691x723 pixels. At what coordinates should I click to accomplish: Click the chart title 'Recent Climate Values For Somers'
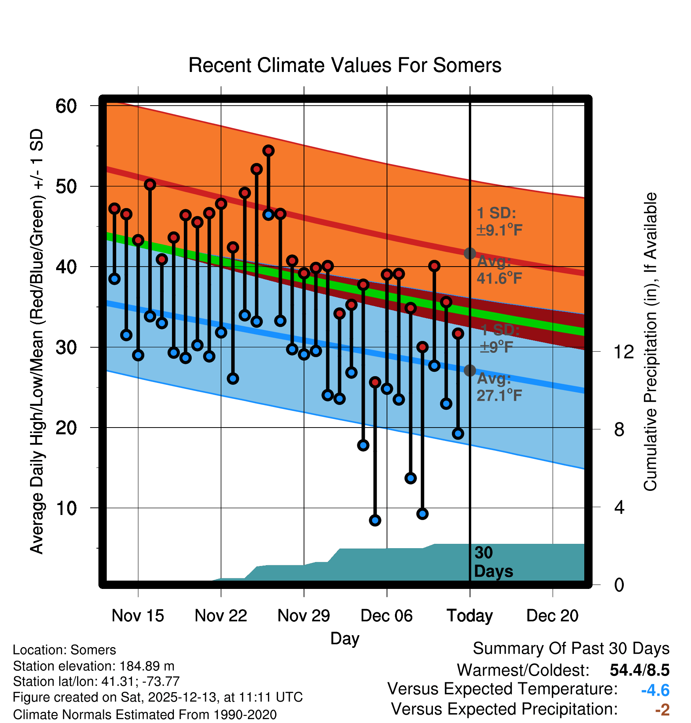pyautogui.click(x=345, y=65)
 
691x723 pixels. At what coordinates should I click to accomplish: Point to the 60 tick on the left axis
pyautogui.click(x=66, y=106)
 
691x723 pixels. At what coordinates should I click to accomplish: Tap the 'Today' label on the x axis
pyautogui.click(x=470, y=615)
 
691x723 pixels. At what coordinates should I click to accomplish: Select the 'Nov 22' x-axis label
pyautogui.click(x=221, y=615)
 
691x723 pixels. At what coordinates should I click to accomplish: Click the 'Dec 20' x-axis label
pyautogui.click(x=552, y=615)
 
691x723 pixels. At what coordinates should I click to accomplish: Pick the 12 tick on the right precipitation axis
pyautogui.click(x=624, y=352)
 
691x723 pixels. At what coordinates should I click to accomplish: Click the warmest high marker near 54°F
pyautogui.click(x=268, y=151)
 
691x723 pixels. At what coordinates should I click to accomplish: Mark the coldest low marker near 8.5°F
pyautogui.click(x=375, y=520)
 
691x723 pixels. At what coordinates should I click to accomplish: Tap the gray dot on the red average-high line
pyautogui.click(x=470, y=253)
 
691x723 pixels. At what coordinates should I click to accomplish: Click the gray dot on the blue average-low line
pyautogui.click(x=470, y=371)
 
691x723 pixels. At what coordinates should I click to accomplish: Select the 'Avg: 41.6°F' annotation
pyautogui.click(x=499, y=270)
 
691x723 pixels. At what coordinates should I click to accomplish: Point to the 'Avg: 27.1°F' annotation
pyautogui.click(x=499, y=387)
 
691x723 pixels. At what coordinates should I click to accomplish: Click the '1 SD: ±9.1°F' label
pyautogui.click(x=499, y=221)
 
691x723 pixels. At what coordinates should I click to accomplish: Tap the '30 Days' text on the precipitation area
pyautogui.click(x=493, y=562)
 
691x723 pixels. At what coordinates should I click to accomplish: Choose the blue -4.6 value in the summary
pyautogui.click(x=655, y=690)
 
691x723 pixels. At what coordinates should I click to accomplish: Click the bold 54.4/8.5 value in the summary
pyautogui.click(x=639, y=670)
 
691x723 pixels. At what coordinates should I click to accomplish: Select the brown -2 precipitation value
pyautogui.click(x=662, y=710)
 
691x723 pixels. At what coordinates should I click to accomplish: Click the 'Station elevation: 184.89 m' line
pyautogui.click(x=94, y=666)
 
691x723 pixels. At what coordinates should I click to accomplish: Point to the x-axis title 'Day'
pyautogui.click(x=345, y=638)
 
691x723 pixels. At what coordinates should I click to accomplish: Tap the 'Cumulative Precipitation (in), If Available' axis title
pyautogui.click(x=650, y=342)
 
